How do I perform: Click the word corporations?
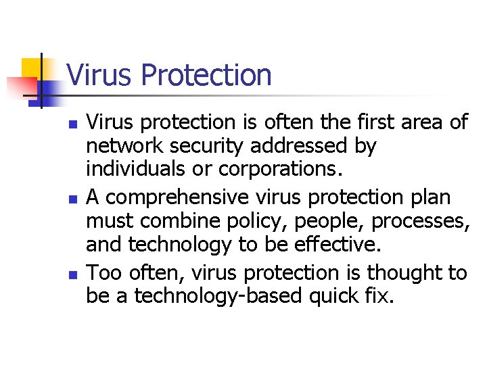pyautogui.click(x=277, y=168)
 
